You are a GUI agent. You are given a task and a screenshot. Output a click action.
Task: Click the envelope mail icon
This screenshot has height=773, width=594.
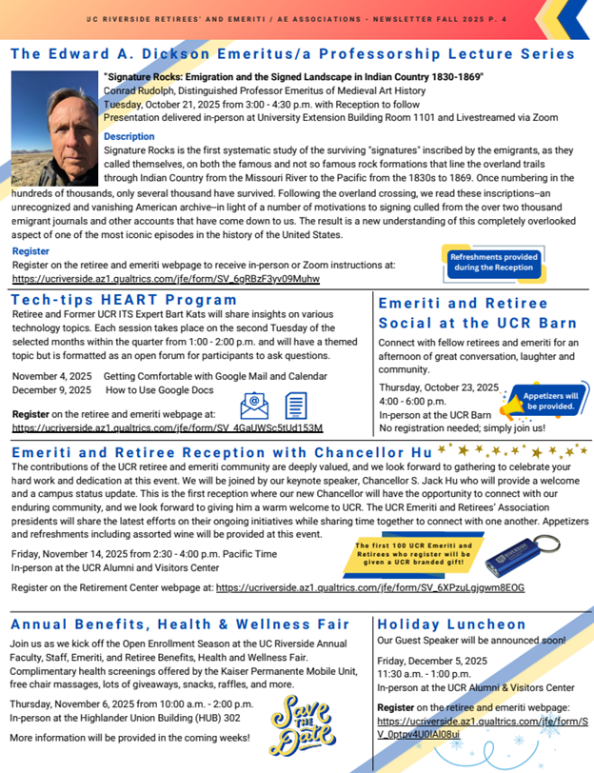(x=254, y=406)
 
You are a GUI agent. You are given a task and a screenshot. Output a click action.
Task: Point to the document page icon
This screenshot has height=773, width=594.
(x=297, y=406)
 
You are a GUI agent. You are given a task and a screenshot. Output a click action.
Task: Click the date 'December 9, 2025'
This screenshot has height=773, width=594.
(x=51, y=390)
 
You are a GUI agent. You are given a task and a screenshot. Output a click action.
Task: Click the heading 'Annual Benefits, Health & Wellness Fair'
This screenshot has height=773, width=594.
(x=179, y=624)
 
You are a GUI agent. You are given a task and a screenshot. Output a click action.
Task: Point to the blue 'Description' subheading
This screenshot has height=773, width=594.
(x=129, y=137)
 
